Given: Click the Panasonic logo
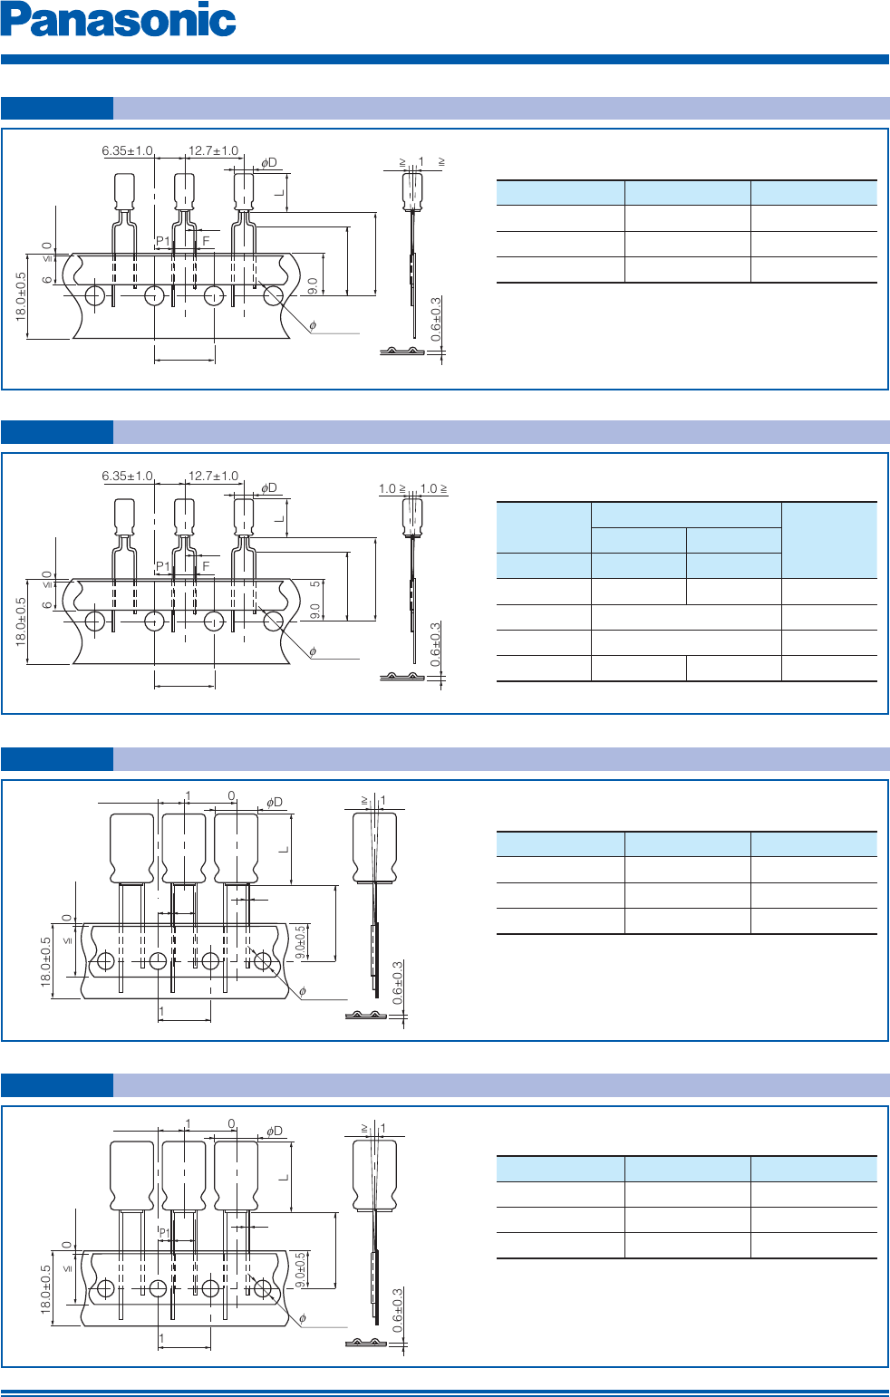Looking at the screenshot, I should tap(119, 20).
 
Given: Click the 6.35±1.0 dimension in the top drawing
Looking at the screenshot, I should tap(127, 151).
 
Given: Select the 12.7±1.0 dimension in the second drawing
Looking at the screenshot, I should tap(213, 476).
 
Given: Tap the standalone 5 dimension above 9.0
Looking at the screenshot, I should tap(314, 584).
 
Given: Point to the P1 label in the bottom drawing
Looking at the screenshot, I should tap(165, 1233).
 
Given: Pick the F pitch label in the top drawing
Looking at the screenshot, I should tap(206, 241).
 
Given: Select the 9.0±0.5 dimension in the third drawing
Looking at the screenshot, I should tap(301, 942).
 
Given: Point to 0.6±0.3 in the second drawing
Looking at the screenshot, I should tap(436, 645).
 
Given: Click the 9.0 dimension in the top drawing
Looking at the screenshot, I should tap(313, 286).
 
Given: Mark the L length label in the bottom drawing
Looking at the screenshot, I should tap(284, 1176).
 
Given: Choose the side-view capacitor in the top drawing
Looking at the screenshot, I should tap(412, 192).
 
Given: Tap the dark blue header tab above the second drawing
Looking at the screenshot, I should tap(57, 432).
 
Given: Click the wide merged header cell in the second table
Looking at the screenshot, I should tap(686, 515).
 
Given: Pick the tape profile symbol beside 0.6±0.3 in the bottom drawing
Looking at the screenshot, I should tap(366, 1342).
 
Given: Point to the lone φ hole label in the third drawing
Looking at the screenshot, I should tap(303, 991).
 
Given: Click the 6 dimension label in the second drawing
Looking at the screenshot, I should tap(47, 604).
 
